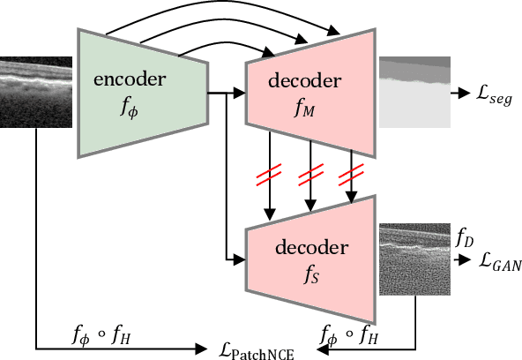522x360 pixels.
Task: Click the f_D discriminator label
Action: coord(464,237)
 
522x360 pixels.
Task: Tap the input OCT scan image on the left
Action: coord(34,93)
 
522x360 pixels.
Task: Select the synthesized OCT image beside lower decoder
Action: coord(414,260)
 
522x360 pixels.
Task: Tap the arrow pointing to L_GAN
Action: coord(461,261)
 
